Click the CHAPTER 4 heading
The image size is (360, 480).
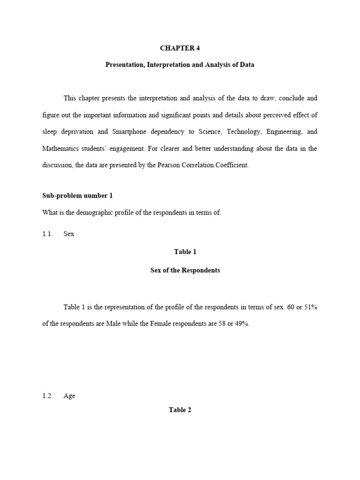click(x=180, y=48)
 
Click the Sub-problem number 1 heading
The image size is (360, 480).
click(x=77, y=195)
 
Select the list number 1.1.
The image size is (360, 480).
click(x=47, y=234)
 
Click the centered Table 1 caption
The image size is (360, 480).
click(x=185, y=252)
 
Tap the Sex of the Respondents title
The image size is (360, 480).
click(x=185, y=270)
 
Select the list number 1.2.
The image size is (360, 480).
click(x=47, y=396)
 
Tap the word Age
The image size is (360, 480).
click(x=69, y=396)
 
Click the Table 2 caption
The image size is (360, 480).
click(x=180, y=410)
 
